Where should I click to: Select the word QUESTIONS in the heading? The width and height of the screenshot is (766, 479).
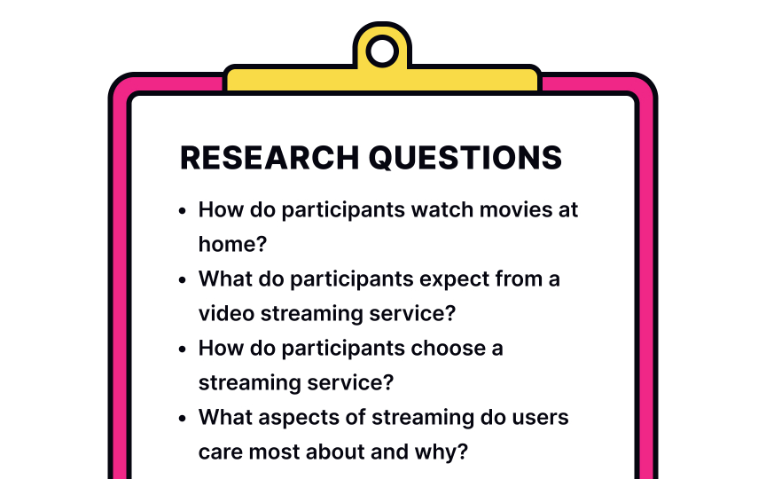465,158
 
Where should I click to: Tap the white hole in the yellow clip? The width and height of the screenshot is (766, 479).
382,51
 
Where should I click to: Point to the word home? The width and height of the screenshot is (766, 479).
232,244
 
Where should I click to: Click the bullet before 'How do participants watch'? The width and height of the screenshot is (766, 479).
183,211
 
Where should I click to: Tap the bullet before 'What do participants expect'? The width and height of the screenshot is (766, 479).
183,280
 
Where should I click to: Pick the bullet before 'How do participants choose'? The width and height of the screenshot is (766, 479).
183,349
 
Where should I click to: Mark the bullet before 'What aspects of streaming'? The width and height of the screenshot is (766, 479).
183,419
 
